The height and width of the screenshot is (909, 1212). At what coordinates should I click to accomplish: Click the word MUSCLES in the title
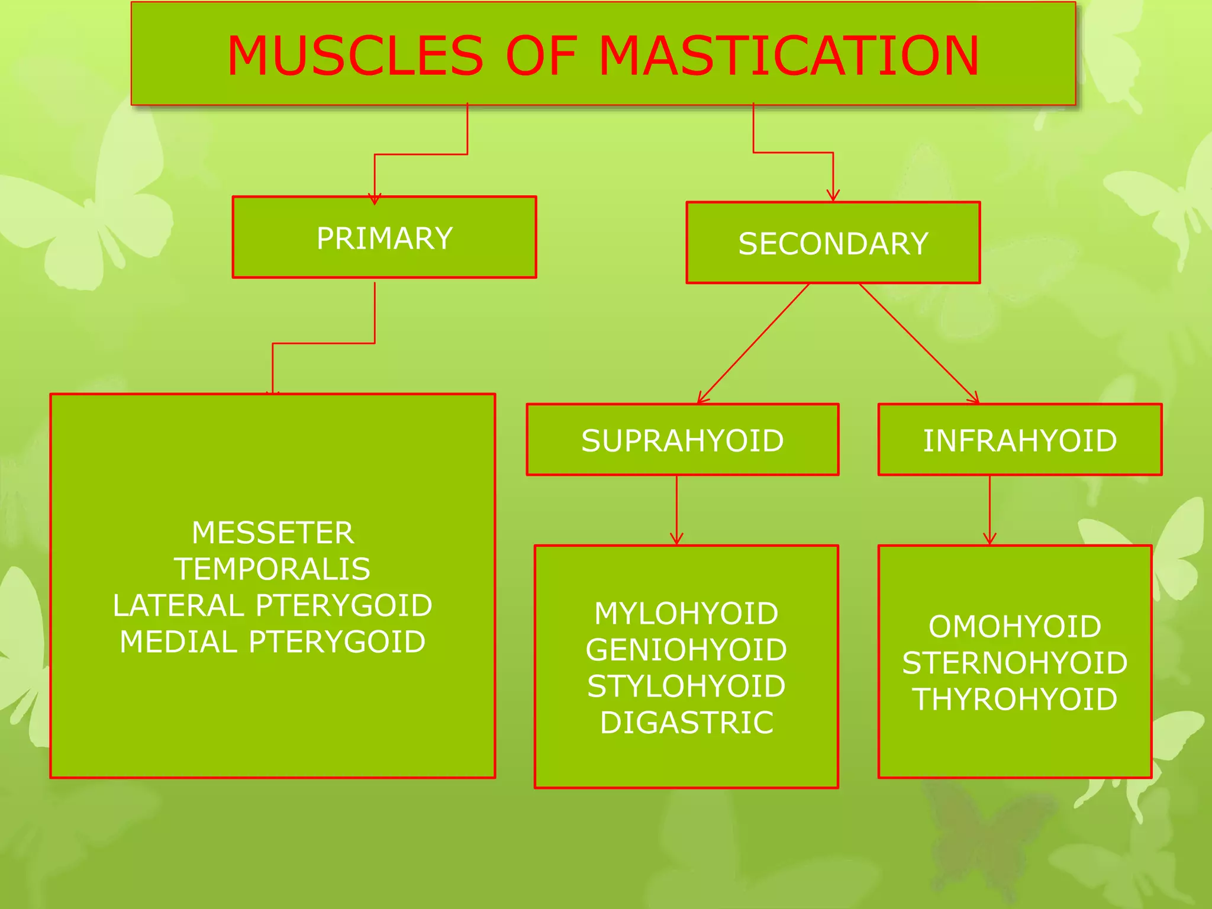point(355,56)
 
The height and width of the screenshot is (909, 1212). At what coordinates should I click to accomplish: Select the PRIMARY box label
point(385,238)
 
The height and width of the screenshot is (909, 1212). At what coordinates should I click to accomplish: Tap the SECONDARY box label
point(833,244)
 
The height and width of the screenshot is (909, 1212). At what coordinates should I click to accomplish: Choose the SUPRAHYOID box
point(682,440)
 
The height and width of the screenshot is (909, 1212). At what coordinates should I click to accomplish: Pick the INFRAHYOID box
point(1020,440)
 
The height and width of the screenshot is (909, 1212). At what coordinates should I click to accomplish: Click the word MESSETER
point(273,533)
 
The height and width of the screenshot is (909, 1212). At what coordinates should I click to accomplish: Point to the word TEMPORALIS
point(272,569)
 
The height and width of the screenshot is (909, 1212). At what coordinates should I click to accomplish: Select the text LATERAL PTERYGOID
point(272,605)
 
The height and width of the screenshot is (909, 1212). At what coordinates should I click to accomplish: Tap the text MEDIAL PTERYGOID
point(272,642)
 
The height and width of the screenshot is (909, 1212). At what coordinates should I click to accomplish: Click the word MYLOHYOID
point(686,613)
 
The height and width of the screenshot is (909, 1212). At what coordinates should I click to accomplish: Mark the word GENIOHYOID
point(686,650)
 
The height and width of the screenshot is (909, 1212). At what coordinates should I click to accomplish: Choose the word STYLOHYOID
point(686,686)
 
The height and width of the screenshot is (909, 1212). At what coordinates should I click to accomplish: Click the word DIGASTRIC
point(686,723)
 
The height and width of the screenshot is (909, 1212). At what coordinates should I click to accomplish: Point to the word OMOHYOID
point(1014,626)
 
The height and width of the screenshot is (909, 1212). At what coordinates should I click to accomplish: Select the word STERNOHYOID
point(1014,663)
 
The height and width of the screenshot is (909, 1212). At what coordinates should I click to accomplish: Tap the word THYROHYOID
point(1014,699)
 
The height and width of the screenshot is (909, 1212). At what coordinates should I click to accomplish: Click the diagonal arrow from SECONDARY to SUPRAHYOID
point(753,343)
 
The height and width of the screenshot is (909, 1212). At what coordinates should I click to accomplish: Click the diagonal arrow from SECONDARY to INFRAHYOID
point(918,343)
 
